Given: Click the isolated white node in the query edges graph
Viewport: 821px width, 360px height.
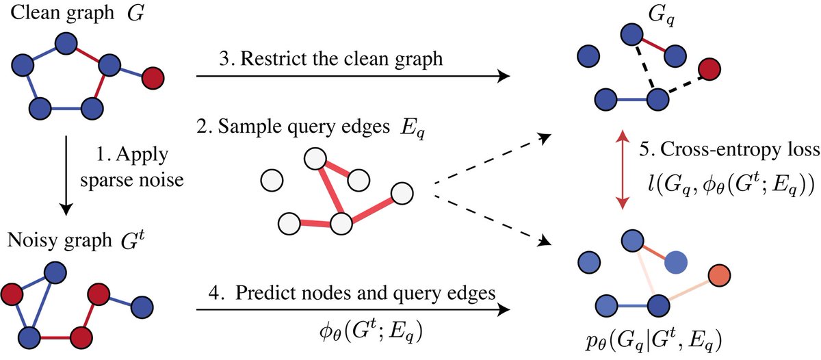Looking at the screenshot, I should click(x=272, y=181).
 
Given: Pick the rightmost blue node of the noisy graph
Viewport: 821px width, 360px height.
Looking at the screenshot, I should click(x=142, y=307).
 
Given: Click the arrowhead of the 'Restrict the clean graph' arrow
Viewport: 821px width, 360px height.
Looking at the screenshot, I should click(x=505, y=76).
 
